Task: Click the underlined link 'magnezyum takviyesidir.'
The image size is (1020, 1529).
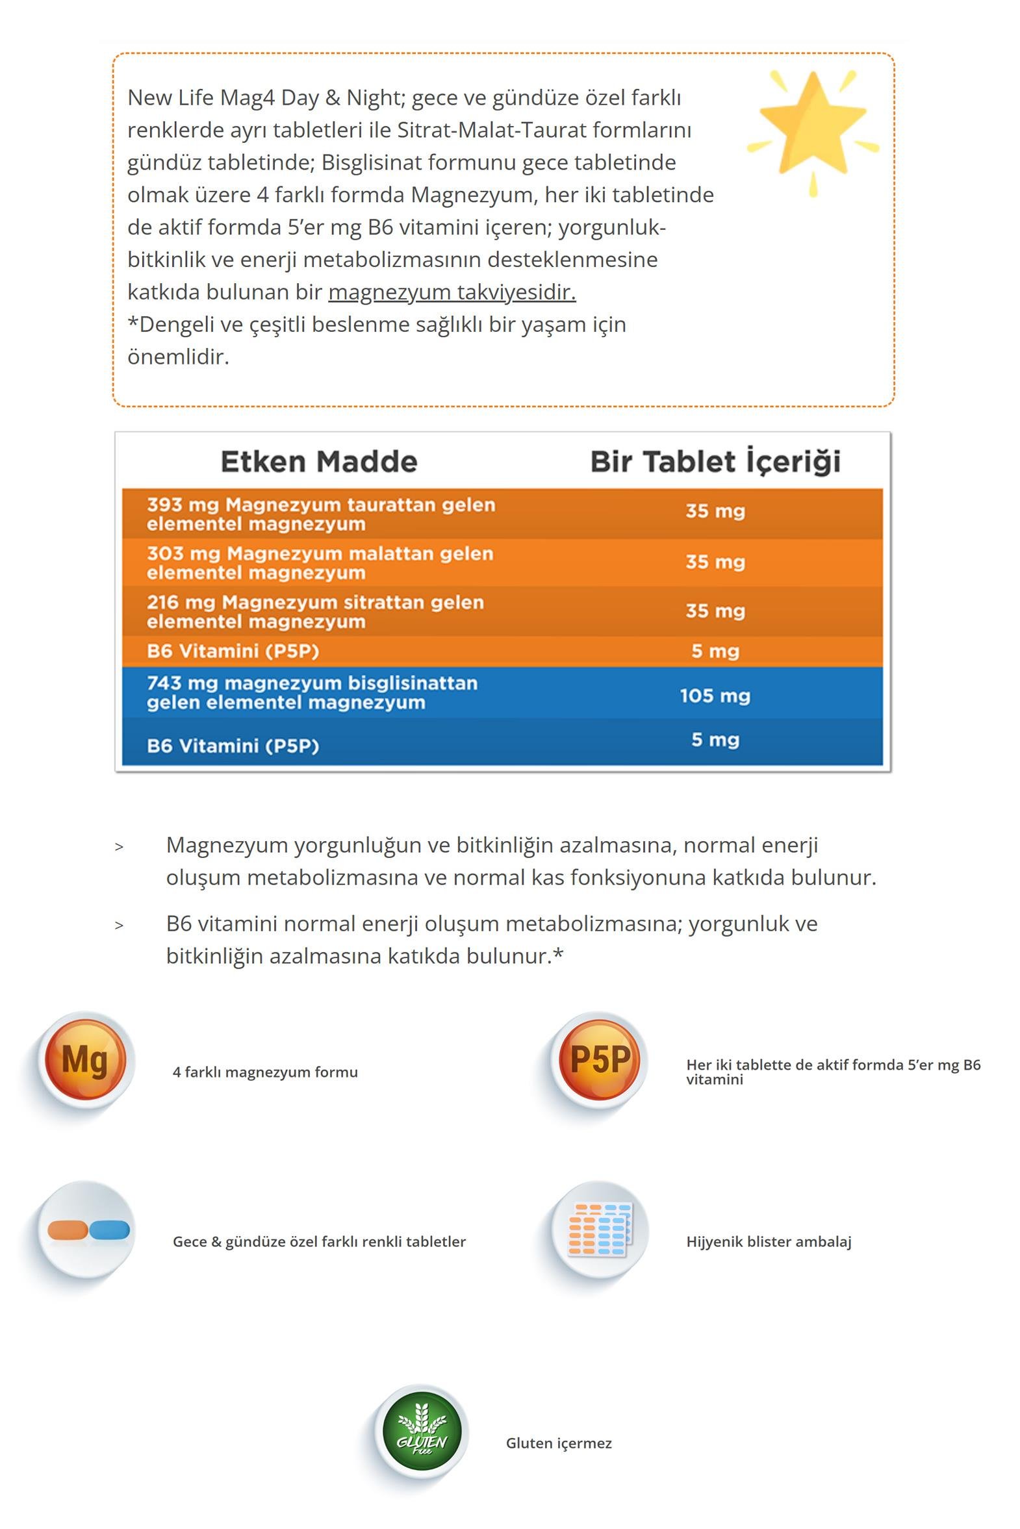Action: pos(452,292)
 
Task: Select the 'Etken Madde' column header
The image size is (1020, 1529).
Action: pos(319,462)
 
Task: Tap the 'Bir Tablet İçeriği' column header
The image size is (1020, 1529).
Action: pos(715,462)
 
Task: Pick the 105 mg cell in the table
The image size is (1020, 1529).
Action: pos(715,696)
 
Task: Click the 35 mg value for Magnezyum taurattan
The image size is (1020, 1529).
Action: pos(715,511)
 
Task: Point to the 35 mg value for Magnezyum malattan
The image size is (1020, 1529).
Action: pos(715,562)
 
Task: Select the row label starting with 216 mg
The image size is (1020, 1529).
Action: pos(316,611)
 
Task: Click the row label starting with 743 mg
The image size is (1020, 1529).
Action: pos(312,692)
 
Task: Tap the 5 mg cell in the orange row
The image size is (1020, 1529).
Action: pos(715,651)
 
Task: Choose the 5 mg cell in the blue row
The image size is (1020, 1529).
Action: pos(715,740)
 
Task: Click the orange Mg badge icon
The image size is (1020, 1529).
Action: pos(85,1060)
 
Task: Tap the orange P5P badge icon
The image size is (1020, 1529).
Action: pos(600,1060)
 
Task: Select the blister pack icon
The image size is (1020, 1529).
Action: pos(600,1229)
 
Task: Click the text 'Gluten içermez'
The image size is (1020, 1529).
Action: pos(559,1443)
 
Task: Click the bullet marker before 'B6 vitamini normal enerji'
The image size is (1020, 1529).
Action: pos(119,926)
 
